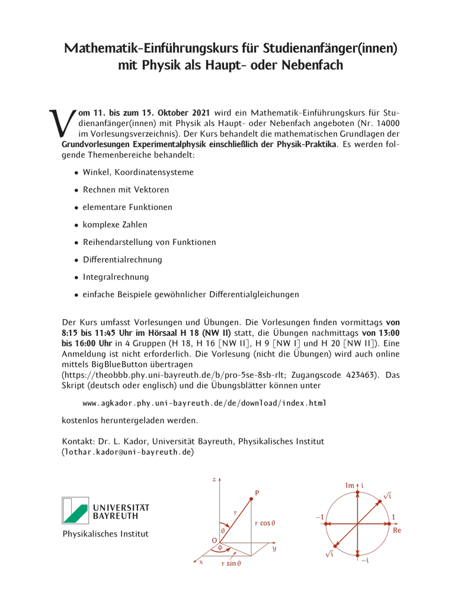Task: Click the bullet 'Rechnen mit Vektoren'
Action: coord(126,190)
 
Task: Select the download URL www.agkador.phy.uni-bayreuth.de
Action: coord(204,403)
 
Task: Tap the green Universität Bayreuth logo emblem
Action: coord(75,510)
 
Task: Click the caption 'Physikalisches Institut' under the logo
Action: coord(105,534)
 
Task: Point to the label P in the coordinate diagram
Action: coord(257,493)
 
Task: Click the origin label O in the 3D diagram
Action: coord(214,540)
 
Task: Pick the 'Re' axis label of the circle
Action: coord(396,530)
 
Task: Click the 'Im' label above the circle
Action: coord(350,486)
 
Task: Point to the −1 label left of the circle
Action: coord(319,517)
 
